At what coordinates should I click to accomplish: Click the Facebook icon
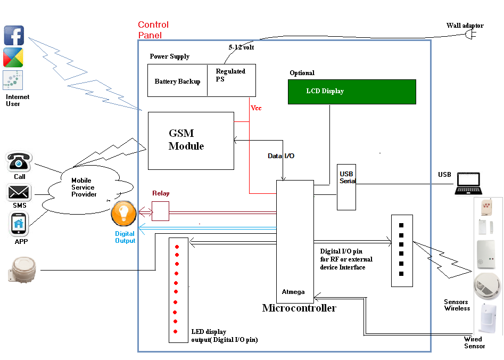(14, 35)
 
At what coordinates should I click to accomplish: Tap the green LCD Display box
(352, 92)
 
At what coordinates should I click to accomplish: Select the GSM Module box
(191, 141)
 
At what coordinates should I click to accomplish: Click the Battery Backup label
(177, 81)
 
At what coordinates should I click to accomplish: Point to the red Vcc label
(256, 108)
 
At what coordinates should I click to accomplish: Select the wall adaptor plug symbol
(470, 35)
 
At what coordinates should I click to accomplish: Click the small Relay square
(160, 211)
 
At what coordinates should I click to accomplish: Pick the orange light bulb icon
(123, 213)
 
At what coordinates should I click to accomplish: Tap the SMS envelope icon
(19, 192)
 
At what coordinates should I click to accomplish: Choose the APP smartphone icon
(19, 224)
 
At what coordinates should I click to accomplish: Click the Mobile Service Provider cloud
(85, 190)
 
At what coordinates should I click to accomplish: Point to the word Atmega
(293, 292)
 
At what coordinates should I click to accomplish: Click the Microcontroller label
(299, 308)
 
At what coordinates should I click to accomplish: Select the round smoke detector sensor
(487, 284)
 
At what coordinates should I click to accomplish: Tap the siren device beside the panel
(23, 270)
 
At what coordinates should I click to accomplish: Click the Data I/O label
(281, 156)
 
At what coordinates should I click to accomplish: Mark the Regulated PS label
(230, 75)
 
